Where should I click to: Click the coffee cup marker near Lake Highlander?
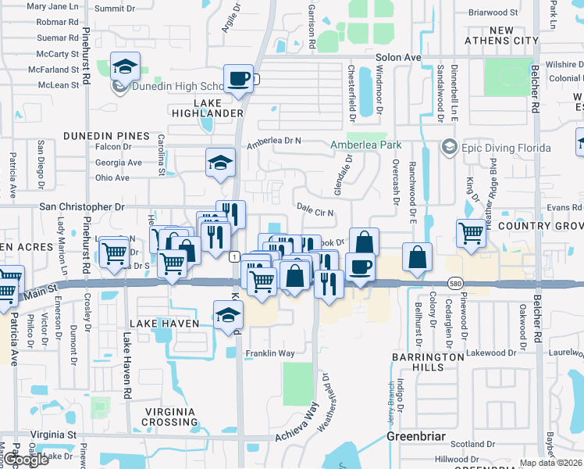tap(239, 78)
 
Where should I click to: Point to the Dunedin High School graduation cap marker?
tap(124, 67)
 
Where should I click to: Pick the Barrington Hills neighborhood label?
tap(429, 362)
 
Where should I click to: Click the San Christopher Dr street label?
tap(82, 207)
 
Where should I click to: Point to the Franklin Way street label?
tap(270, 353)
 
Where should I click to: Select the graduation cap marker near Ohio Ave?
tap(220, 163)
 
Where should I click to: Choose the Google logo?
tap(25, 460)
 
